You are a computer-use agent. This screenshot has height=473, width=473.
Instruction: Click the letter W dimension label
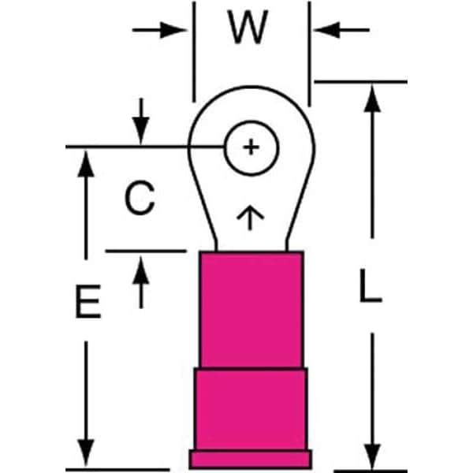(248, 27)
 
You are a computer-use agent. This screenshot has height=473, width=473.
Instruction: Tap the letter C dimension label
(140, 198)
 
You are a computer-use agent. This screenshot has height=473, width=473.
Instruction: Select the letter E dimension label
(88, 301)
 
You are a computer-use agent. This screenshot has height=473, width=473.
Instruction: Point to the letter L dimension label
(371, 285)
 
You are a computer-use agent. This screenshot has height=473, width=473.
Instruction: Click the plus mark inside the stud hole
(251, 147)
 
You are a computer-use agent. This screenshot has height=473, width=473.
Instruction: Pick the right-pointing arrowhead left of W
(173, 30)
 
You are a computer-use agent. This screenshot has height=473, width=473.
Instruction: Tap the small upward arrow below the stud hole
(250, 218)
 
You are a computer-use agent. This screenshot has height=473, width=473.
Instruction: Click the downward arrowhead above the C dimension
(141, 131)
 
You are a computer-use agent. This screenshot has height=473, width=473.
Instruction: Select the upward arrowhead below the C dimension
(141, 270)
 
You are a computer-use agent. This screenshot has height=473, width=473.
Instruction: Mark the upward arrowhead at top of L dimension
(372, 99)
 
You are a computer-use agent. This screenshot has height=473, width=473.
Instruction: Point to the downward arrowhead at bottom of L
(372, 456)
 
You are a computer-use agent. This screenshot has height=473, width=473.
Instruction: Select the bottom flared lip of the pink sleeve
(251, 459)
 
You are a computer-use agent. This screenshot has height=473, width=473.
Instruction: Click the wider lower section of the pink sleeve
(251, 409)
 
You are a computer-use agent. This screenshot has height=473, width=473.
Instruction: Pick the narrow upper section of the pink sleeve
(251, 310)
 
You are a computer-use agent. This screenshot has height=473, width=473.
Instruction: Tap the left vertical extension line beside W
(194, 52)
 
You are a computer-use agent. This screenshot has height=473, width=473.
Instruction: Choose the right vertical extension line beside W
(309, 54)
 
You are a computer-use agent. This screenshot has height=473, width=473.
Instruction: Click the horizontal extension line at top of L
(361, 82)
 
